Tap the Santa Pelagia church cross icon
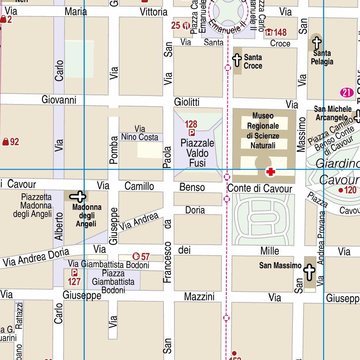coord(317,43)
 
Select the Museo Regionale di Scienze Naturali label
coord(263,130)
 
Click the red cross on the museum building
coord(270,172)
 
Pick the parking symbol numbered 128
coord(192,133)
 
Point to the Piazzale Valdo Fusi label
coord(197,153)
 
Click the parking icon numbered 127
coord(75,272)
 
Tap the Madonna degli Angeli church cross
coord(80,197)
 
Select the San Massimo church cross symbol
coord(309,272)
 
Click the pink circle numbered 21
coord(347,93)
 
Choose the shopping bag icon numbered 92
coord(6,142)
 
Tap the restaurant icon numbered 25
coord(186,25)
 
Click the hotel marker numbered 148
coord(269,33)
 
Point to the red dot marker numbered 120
coord(340,190)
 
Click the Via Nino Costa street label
coord(140,133)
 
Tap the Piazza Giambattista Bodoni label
coord(113,282)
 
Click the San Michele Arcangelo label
coord(333,113)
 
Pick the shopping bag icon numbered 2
coord(3,20)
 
